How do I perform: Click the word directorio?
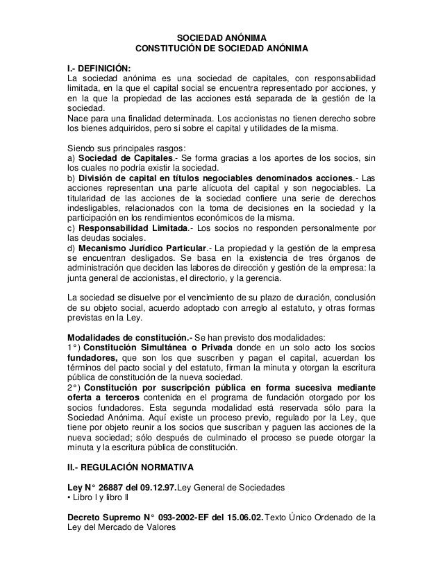click(207, 279)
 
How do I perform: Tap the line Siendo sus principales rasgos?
click(125, 146)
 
